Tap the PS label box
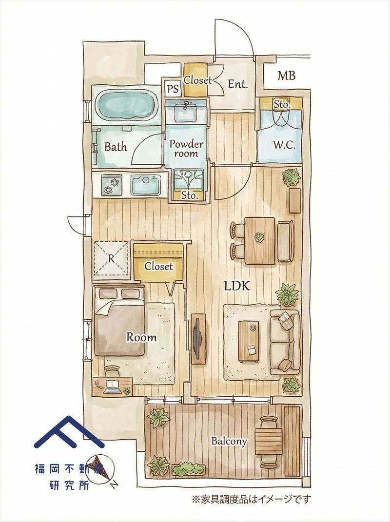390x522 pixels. point(173,89)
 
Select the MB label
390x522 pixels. point(287,76)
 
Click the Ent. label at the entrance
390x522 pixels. point(238,84)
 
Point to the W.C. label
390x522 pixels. point(284,145)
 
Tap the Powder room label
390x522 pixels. point(186,149)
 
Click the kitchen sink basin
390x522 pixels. point(146,184)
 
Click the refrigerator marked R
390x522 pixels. point(111,258)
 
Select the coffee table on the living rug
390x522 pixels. point(249,341)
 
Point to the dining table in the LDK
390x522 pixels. point(260,240)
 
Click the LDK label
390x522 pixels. point(237,286)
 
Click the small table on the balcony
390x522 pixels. point(269,442)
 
